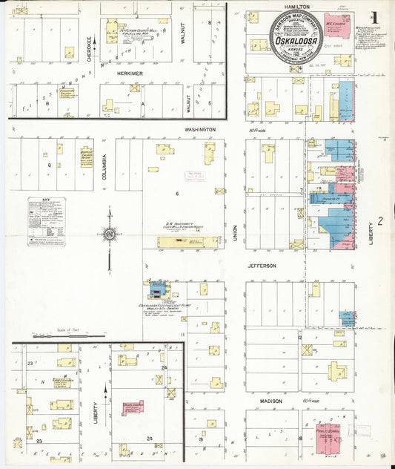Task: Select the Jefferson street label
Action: (x=262, y=265)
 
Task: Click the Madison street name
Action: (x=270, y=401)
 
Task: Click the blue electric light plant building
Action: (x=157, y=289)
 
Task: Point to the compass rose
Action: (x=110, y=235)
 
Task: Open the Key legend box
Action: (x=46, y=221)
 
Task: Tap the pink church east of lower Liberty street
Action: (x=133, y=408)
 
